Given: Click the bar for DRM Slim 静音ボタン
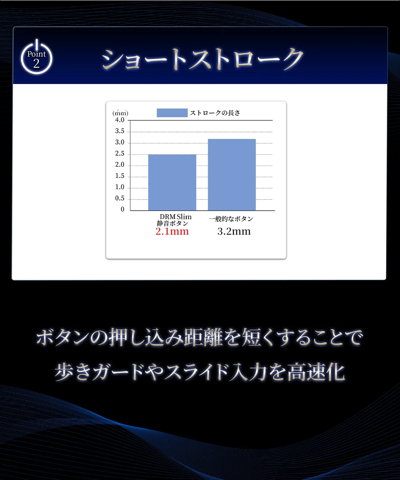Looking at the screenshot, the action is (x=172, y=182).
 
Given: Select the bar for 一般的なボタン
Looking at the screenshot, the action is (x=232, y=175).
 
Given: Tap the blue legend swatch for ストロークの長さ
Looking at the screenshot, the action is (x=172, y=113).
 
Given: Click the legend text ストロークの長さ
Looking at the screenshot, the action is (x=215, y=113).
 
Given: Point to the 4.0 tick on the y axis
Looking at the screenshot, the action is (x=120, y=120).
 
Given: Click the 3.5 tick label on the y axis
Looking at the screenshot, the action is (x=120, y=131).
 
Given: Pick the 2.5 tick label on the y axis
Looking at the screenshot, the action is (x=120, y=154).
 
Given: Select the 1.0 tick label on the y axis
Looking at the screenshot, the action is (x=120, y=187).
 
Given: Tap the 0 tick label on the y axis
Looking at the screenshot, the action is (x=122, y=209).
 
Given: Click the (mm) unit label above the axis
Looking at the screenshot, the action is (x=120, y=113).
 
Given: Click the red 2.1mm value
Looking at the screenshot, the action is (x=172, y=231).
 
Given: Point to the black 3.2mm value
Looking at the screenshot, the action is (x=234, y=231).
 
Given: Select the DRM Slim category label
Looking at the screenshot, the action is (x=176, y=217).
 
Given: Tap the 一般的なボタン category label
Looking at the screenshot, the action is (x=231, y=219).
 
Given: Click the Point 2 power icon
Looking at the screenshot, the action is (x=37, y=57).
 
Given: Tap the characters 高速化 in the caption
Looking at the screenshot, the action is (x=316, y=372).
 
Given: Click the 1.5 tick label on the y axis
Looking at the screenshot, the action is (x=120, y=176).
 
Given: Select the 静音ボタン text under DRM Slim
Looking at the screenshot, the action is (x=173, y=223).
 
